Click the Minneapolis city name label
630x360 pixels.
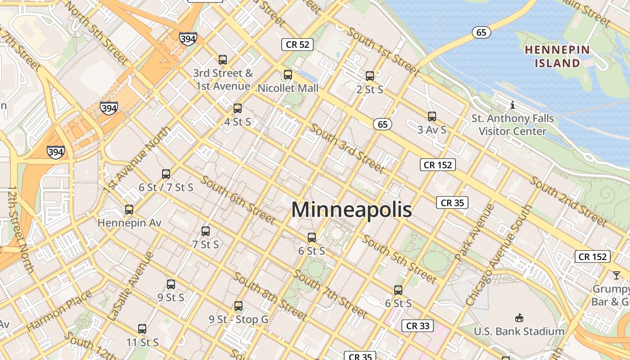pos(351,210)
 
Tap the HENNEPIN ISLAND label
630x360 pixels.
pos(557,56)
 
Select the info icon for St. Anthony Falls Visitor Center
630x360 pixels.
pos(512,105)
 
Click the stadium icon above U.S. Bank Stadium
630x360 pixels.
pos(519,318)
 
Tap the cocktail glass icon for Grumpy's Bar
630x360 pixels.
pos(616,275)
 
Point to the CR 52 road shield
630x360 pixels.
pos(297,44)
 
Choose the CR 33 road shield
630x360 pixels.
pos(418,326)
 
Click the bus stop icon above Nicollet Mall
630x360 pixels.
pos(288,75)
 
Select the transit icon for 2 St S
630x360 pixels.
pos(370,76)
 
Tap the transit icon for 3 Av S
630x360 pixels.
pos(432,117)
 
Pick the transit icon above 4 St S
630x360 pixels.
pos(238,108)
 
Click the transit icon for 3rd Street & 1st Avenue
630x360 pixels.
pos(223,59)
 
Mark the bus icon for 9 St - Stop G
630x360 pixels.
pos(238,306)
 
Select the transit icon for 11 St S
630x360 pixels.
pos(142,329)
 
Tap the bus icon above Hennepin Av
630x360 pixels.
pos(129,210)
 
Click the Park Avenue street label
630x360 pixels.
pos(468,232)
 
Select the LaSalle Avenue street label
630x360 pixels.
pos(131,287)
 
